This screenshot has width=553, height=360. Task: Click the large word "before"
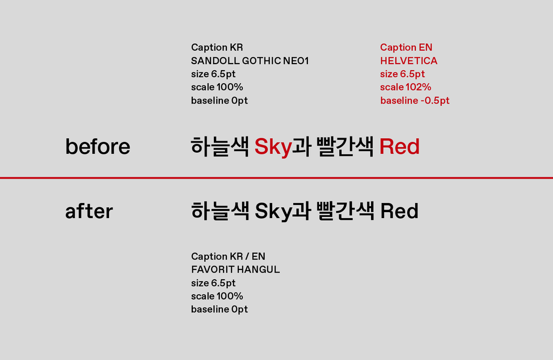pos(98,146)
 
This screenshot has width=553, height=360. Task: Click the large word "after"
pos(89,210)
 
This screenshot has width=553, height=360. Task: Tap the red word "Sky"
pos(273,147)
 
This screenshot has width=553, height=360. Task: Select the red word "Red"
pos(399,147)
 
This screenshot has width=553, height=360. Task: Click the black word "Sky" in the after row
pos(273,211)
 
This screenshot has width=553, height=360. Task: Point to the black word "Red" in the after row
pos(399,211)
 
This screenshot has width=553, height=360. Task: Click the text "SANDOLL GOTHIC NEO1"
pos(249,60)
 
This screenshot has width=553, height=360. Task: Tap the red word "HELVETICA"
pos(409,60)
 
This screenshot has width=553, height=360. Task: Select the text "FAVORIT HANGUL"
pos(235,269)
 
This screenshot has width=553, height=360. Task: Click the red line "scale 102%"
pos(406,87)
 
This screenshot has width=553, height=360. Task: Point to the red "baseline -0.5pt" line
pos(415,100)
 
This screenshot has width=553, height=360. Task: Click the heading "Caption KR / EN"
pos(228,256)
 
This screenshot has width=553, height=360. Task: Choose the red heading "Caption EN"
pos(406,47)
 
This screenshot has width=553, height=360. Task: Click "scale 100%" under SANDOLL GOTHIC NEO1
pos(217,87)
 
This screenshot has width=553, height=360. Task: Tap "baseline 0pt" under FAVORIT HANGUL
pos(219,309)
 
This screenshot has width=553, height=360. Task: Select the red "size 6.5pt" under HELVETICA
pos(402,74)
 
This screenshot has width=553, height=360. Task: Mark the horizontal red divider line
pos(276,178)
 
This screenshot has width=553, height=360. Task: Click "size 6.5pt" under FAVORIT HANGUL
pos(213,283)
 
